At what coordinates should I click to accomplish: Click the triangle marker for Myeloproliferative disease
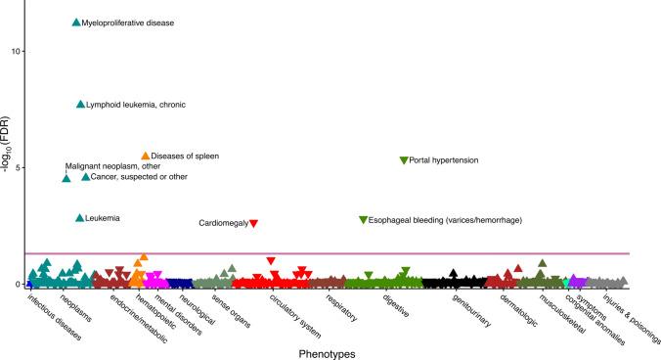[x=76, y=22]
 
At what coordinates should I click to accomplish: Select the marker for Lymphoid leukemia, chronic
[x=80, y=105]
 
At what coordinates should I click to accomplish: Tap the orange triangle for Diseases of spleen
[x=145, y=156]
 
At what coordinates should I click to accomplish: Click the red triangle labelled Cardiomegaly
[x=253, y=224]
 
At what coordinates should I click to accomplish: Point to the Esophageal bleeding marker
[x=363, y=220]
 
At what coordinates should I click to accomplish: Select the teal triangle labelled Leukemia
[x=79, y=218]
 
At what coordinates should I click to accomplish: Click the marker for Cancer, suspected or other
[x=85, y=177]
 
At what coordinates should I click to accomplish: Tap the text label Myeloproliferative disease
[x=128, y=22]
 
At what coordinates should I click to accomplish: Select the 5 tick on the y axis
[x=18, y=167]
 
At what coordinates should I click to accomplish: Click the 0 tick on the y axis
[x=18, y=285]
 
